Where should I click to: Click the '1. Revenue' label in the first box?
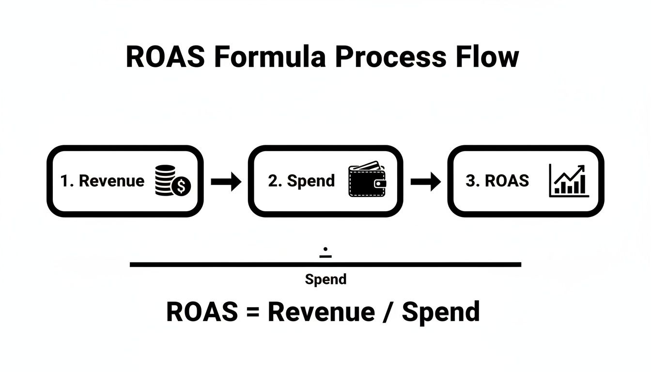click(x=102, y=181)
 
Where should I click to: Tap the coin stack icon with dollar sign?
click(x=173, y=181)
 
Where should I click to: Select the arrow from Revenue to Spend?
click(x=226, y=182)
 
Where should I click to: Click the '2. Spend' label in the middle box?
click(x=301, y=181)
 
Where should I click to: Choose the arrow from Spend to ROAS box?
click(x=425, y=182)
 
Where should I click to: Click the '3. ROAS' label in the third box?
click(x=497, y=181)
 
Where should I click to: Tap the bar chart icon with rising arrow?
click(x=569, y=181)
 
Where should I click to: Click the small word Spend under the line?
click(x=325, y=279)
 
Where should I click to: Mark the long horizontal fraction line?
click(x=325, y=264)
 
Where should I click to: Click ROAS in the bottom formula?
click(x=202, y=311)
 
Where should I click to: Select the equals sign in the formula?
click(x=252, y=312)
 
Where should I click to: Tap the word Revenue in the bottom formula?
click(x=321, y=311)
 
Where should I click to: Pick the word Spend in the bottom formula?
click(x=441, y=312)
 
